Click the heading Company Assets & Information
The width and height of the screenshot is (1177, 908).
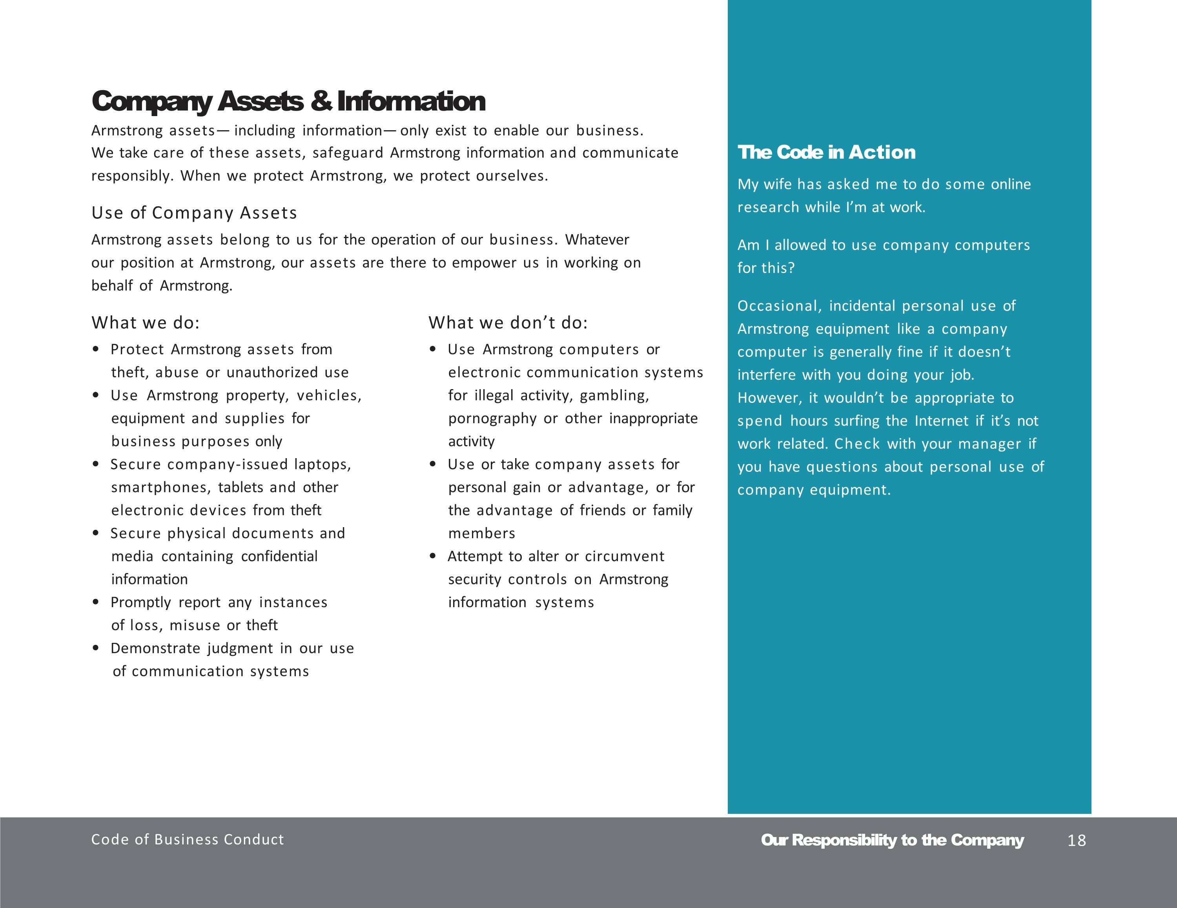pos(288,101)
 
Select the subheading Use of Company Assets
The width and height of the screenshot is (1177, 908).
pos(194,213)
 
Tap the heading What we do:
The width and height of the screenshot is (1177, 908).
pos(146,323)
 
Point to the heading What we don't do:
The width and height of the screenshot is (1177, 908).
pos(508,323)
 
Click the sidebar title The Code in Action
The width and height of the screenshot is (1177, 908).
pos(826,153)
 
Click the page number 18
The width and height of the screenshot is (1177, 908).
pos(1076,840)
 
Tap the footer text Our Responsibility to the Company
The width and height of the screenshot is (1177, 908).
pos(892,840)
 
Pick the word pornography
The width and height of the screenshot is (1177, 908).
pos(492,419)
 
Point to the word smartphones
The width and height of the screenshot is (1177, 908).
pos(161,488)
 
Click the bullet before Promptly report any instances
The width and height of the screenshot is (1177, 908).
pos(96,602)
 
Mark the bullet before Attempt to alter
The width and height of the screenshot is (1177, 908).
pos(433,557)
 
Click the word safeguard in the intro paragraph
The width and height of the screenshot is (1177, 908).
pos(348,153)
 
